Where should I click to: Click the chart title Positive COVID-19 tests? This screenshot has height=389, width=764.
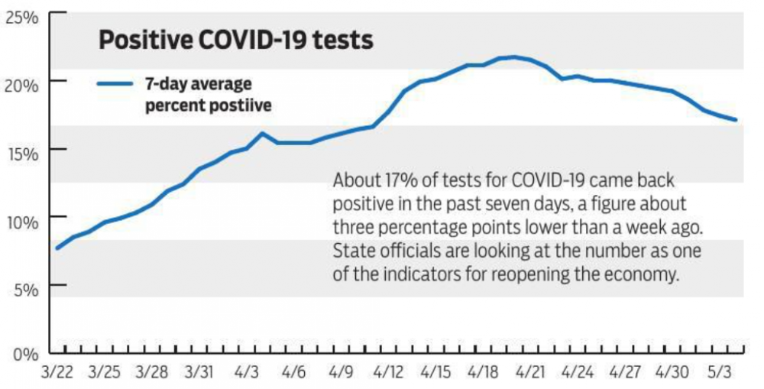pos(235,41)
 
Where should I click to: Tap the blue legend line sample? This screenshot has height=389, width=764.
pos(116,85)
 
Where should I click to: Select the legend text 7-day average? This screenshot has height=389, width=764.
pos(199,84)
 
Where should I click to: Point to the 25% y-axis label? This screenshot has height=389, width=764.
pos(22,16)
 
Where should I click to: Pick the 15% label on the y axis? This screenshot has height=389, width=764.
pos(22,152)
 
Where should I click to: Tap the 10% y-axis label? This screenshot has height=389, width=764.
pos(22,221)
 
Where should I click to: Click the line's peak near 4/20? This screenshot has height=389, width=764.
pos(514,57)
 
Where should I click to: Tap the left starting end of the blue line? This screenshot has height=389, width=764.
pos(58,248)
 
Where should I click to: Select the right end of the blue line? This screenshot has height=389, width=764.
pos(735,120)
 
